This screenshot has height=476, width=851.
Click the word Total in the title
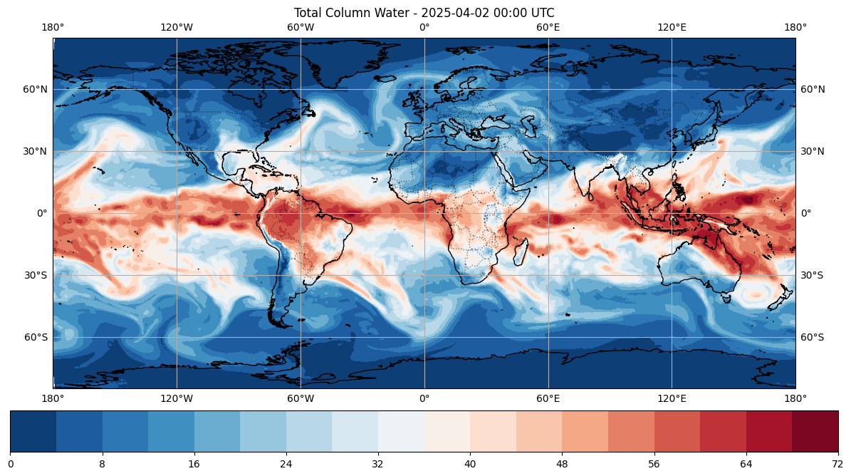(308, 13)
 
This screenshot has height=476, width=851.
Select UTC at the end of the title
(542, 13)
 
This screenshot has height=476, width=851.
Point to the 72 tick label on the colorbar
(838, 463)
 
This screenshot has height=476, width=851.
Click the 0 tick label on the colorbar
(10, 463)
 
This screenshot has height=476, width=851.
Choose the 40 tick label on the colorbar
(470, 463)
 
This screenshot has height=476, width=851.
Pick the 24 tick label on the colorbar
(286, 463)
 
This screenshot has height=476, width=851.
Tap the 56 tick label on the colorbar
(654, 463)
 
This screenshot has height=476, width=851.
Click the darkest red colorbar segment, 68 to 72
(815, 432)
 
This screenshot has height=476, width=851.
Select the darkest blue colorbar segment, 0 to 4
(33, 432)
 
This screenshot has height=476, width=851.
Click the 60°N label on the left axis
(36, 89)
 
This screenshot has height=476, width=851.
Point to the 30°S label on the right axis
(813, 275)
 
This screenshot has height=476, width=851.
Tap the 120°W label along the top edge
(177, 27)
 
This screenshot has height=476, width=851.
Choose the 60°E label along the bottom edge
(548, 399)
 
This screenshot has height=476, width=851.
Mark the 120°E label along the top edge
(672, 27)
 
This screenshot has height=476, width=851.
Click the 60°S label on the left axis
(36, 337)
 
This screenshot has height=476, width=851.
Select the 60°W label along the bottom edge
(301, 399)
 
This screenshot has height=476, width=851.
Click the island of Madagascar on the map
(521, 252)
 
